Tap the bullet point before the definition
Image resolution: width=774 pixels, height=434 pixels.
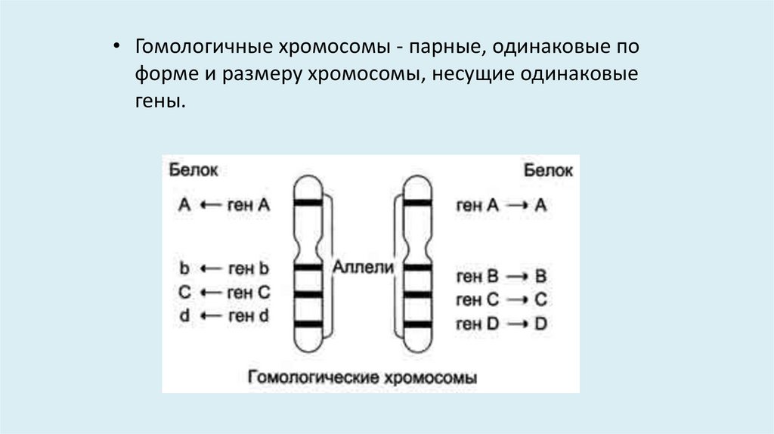click(x=116, y=47)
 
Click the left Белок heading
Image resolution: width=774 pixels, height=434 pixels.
click(x=193, y=170)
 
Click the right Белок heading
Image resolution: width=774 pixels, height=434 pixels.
click(x=548, y=170)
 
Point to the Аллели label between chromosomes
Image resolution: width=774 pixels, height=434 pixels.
click(x=364, y=266)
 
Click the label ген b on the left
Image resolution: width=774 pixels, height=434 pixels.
click(x=249, y=268)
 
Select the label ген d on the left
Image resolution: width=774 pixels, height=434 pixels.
click(x=249, y=316)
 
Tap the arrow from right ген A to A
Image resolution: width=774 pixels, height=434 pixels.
click(x=517, y=205)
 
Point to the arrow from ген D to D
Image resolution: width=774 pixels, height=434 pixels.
click(x=517, y=324)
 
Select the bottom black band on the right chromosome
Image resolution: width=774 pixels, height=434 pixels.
click(x=416, y=325)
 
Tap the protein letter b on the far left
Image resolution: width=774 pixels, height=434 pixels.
click(x=184, y=268)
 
